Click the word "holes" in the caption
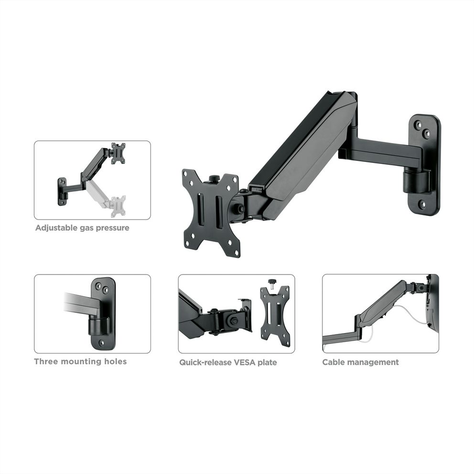click(x=115, y=361)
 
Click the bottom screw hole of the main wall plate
click(x=423, y=205)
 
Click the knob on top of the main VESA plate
click(x=215, y=178)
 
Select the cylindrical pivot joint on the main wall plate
click(x=416, y=182)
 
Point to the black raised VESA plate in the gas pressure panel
click(x=118, y=153)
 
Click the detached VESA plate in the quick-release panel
click(x=275, y=316)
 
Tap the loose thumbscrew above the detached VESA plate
click(x=272, y=283)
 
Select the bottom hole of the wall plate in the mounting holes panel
click(x=102, y=343)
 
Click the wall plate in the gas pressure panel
click(x=62, y=191)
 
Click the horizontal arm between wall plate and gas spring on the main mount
click(x=381, y=151)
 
